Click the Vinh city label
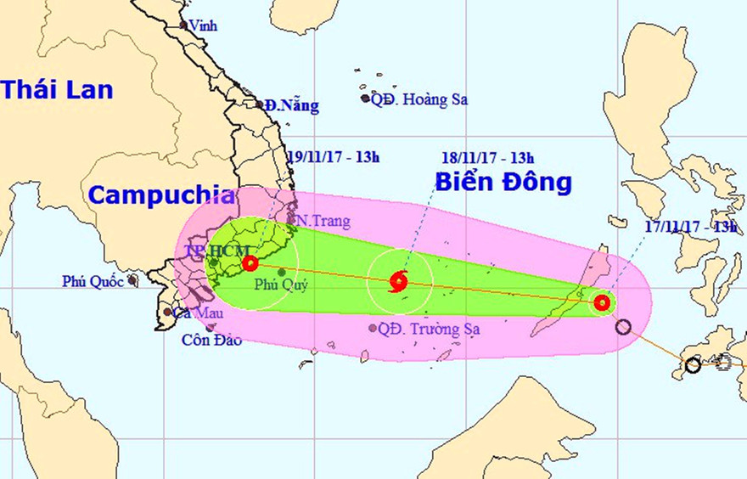203,25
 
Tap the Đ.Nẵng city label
291,106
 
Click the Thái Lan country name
57,89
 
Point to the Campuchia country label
162,194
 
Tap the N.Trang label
323,221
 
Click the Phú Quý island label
280,285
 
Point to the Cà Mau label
192,313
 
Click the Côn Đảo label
211,341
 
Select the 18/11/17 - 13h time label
487,157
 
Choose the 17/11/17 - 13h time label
689,226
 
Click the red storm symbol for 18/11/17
398,281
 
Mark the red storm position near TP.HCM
250,263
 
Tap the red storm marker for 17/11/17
602,301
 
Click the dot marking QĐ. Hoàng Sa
366,99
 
